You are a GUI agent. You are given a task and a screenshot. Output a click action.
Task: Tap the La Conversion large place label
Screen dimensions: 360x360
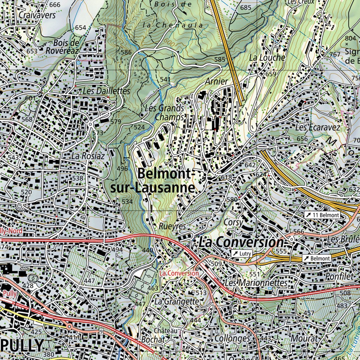(241, 242)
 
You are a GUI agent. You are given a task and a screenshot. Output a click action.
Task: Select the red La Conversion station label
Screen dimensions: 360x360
(179, 273)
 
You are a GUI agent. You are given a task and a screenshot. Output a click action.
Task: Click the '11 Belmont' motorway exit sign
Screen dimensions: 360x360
(322, 215)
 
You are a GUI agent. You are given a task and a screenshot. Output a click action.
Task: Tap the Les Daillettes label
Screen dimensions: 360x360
(107, 91)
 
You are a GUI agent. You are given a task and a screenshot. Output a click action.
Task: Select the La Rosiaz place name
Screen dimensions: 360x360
(88, 155)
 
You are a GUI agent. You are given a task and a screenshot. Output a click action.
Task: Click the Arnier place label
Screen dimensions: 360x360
(216, 81)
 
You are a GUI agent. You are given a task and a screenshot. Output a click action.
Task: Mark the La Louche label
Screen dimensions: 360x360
(267, 57)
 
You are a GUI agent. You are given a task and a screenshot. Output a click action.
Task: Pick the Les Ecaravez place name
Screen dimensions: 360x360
(318, 127)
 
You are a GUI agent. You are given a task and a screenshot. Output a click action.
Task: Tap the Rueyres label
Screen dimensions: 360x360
(172, 226)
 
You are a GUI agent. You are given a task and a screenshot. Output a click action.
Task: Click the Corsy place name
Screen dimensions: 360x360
(233, 223)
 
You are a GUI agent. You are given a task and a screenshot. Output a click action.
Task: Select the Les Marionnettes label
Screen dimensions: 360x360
(256, 283)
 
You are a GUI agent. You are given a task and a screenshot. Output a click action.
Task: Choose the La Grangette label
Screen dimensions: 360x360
(176, 301)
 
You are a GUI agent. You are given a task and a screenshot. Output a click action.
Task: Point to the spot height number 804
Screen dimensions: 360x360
(350, 38)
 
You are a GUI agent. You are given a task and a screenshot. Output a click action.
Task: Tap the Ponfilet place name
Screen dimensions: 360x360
(339, 276)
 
